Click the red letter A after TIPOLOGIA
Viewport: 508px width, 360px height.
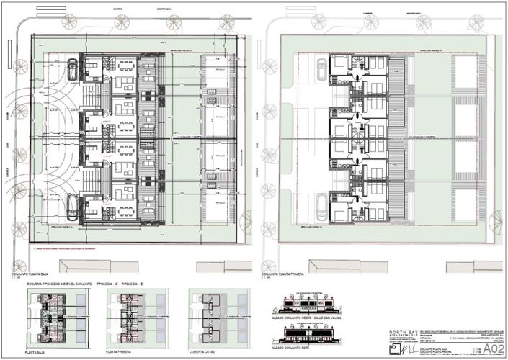tap(116, 284)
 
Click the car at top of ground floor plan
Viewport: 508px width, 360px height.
tap(73, 70)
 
